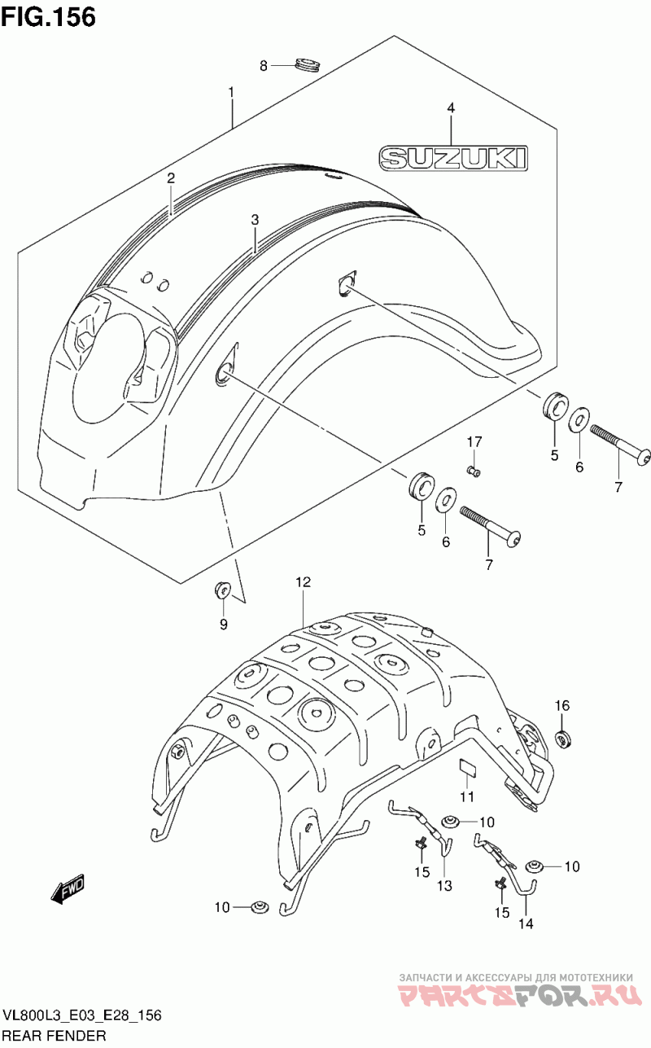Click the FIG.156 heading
(x=49, y=16)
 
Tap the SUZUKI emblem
(x=453, y=158)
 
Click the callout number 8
(x=264, y=67)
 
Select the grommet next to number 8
(x=308, y=64)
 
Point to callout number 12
(x=303, y=582)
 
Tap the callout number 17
(x=474, y=441)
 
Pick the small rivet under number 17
(x=474, y=471)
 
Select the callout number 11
(x=467, y=796)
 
